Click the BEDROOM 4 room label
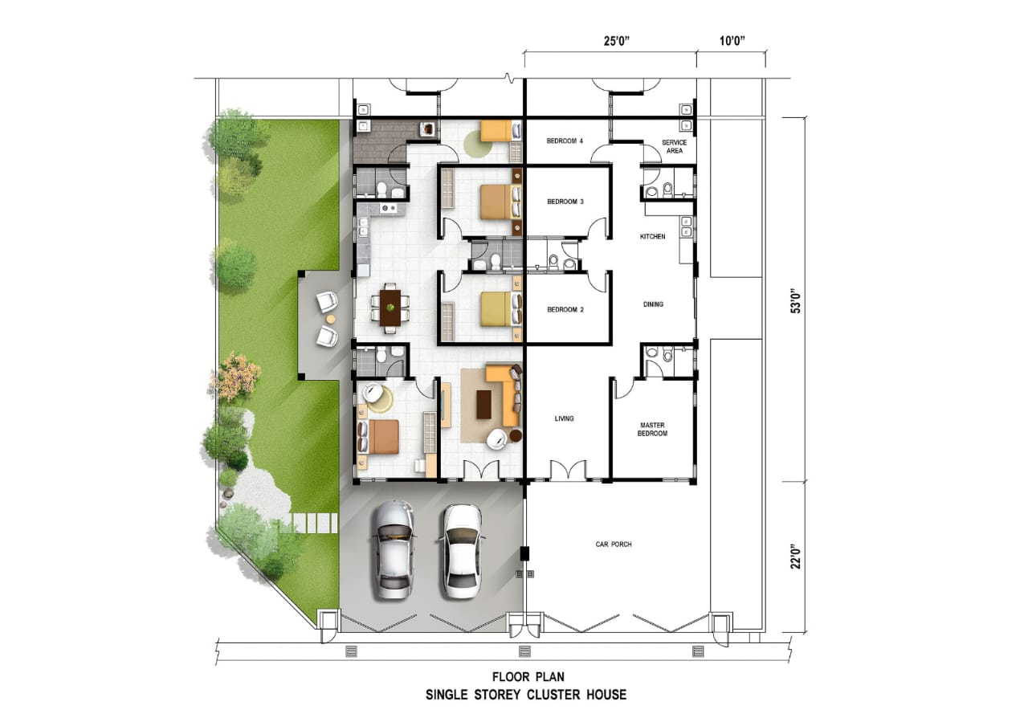[x=565, y=141]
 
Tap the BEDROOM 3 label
[x=565, y=202]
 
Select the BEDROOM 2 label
[x=565, y=310]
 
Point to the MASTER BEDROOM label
[x=653, y=429]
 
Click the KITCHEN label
[x=653, y=236]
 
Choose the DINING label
[x=653, y=304]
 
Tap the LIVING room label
[x=564, y=418]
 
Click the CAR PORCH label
[x=614, y=544]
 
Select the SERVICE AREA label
[x=674, y=146]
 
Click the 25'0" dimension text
[x=616, y=41]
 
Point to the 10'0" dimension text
[x=732, y=41]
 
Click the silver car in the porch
[x=393, y=550]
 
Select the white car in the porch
[x=461, y=552]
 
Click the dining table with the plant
[x=390, y=308]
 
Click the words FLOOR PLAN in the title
[x=528, y=677]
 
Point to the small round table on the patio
[x=330, y=319]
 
